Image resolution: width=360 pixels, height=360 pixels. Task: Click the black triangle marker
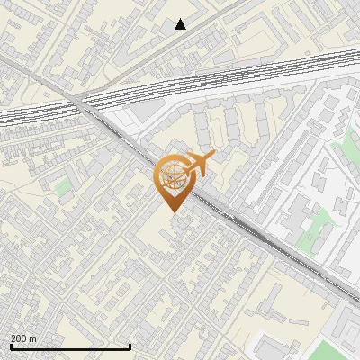point(181,24)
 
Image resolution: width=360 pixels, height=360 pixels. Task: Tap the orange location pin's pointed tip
point(172,211)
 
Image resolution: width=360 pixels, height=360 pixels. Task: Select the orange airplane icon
point(197,164)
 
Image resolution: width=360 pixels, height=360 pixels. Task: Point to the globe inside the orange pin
point(171,179)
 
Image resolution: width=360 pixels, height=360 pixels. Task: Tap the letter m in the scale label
point(34,338)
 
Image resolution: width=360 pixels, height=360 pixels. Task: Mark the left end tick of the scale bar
point(10,346)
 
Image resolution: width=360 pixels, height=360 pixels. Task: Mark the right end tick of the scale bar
point(130,346)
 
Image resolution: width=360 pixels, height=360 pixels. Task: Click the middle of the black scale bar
point(70,347)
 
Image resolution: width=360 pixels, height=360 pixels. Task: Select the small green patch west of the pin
point(63,187)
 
